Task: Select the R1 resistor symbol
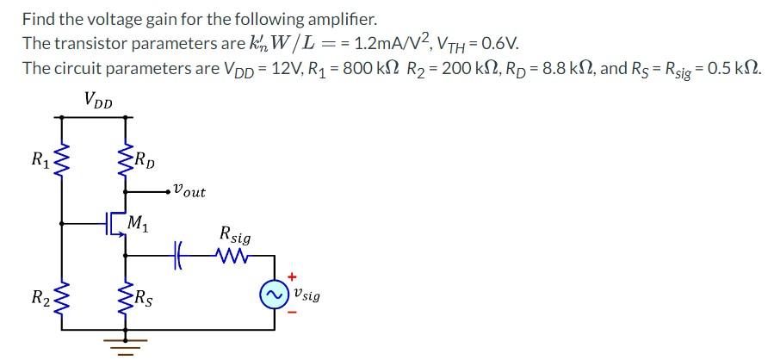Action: pos(61,161)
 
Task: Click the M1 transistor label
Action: pos(138,226)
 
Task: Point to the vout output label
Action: pos(189,190)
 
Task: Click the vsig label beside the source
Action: pos(307,295)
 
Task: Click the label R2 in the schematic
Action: pos(40,299)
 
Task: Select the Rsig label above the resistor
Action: pos(235,233)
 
